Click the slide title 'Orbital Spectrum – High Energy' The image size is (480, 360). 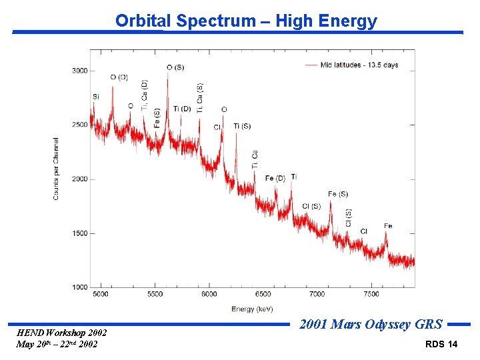point(246,21)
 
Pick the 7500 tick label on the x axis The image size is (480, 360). point(371,294)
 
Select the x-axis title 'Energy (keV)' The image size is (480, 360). point(253,309)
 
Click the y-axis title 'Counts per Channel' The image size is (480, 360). point(56,169)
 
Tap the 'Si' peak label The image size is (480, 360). point(96,97)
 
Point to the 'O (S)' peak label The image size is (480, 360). point(175,67)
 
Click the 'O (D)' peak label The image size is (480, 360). point(119,77)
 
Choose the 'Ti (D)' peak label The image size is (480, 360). point(182,109)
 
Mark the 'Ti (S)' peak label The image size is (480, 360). point(242,126)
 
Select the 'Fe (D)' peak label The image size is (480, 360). point(275,178)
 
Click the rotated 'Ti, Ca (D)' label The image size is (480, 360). point(145,95)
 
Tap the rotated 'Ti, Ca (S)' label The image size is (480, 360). point(200,98)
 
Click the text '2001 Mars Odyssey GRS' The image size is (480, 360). point(371,325)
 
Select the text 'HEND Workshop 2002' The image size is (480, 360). point(61,333)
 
